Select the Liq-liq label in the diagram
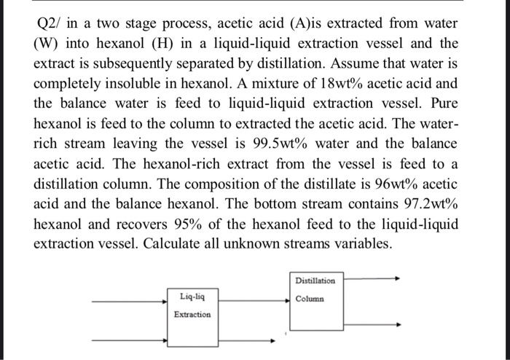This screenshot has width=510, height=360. coord(192,297)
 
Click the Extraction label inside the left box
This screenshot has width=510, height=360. coord(192,314)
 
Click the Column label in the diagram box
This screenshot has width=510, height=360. coord(310,298)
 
